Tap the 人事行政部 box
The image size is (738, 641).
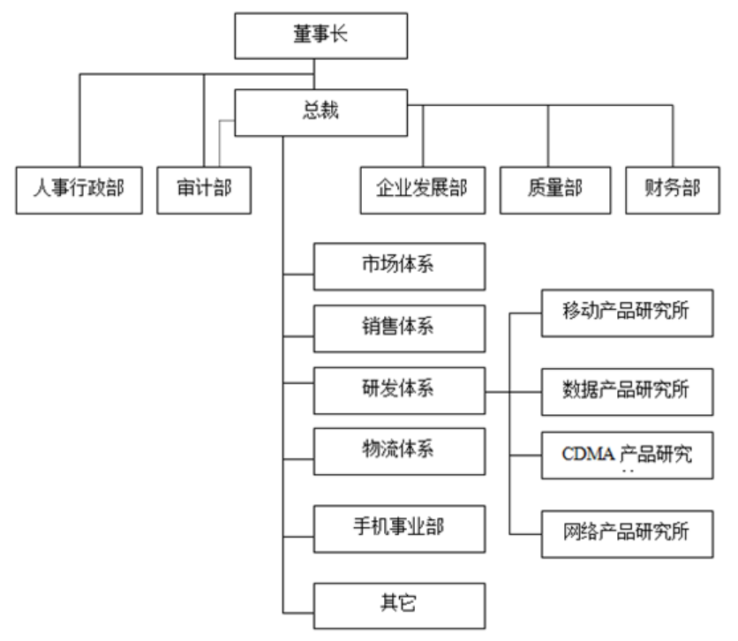(x=79, y=189)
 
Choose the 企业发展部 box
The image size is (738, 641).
(x=422, y=189)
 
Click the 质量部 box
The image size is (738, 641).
(x=547, y=189)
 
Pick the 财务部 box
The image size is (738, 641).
(x=673, y=189)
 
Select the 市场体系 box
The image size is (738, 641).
(x=399, y=266)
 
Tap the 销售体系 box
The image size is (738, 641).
(x=399, y=328)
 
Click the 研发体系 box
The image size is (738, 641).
(x=399, y=389)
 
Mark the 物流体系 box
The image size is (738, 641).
(x=399, y=451)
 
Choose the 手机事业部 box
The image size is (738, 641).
(x=399, y=528)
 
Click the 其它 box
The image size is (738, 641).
(x=399, y=605)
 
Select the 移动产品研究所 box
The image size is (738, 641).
(x=627, y=313)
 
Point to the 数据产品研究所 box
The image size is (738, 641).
(x=627, y=389)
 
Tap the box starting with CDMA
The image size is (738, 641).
(x=627, y=456)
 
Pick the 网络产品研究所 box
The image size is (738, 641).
(x=627, y=532)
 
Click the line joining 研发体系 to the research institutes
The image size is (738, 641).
(x=499, y=390)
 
